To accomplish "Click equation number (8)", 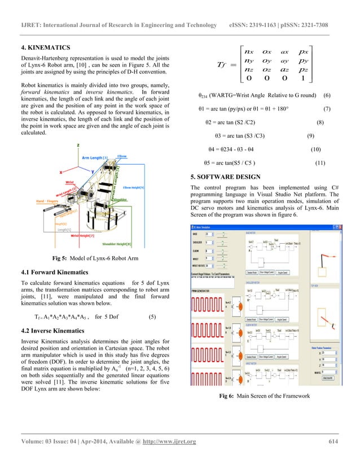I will click(x=320, y=122).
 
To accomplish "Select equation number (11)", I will click(x=320, y=163).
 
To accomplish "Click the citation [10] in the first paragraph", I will click(x=106, y=69).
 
